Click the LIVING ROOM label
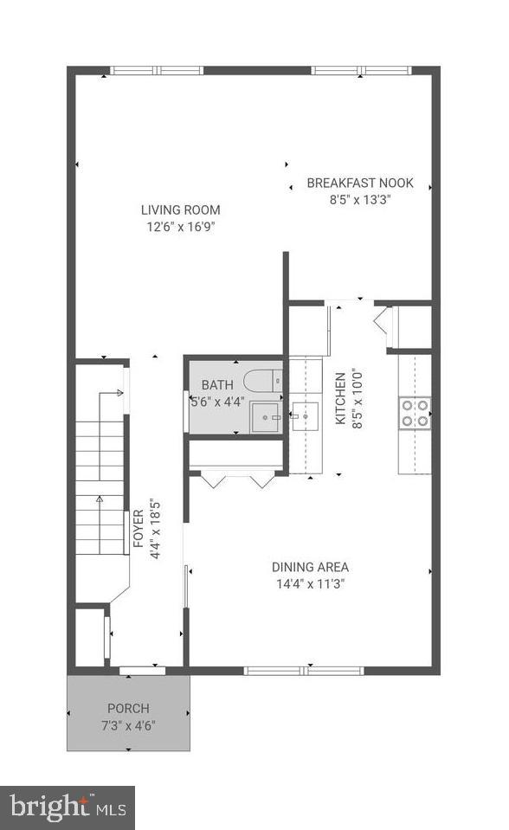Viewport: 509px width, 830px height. point(181,209)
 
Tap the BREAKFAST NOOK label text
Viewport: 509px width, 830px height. point(360,183)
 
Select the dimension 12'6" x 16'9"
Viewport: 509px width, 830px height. point(181,227)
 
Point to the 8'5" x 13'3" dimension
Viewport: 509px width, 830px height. point(360,200)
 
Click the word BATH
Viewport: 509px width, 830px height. point(217,385)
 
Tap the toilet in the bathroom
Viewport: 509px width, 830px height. point(263,380)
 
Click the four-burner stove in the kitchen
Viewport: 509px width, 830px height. point(415,413)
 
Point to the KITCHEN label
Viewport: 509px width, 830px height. point(340,398)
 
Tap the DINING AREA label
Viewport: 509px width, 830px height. point(311,568)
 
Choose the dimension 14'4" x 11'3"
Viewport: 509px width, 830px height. point(311,584)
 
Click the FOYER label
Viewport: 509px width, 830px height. point(139,528)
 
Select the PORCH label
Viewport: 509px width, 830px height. point(128,708)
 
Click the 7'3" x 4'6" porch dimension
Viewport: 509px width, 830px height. point(128,725)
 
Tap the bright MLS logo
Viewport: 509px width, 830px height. point(68,807)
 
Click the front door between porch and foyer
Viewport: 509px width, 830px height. point(143,671)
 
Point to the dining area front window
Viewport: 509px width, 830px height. point(304,671)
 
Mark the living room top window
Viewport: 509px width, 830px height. point(157,70)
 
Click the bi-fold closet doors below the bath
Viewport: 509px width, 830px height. point(238,478)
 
